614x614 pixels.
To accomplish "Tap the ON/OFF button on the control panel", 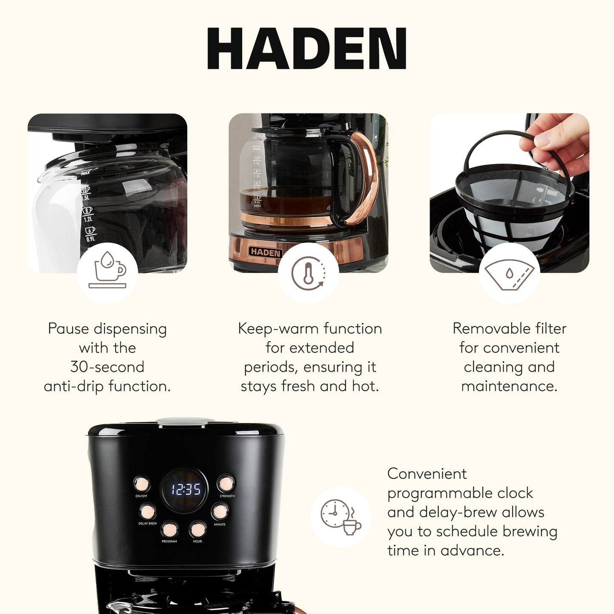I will (x=141, y=484).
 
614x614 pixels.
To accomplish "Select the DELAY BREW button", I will (x=148, y=512).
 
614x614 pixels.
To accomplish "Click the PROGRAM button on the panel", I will (x=169, y=529).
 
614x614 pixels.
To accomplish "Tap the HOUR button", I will (x=198, y=529).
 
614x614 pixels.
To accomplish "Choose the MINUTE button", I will (x=220, y=512).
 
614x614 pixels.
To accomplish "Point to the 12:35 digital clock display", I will (x=185, y=490).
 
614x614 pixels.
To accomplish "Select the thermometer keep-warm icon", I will (x=308, y=273).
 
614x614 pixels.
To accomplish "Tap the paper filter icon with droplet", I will (x=509, y=274).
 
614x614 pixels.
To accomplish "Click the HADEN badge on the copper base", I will (x=265, y=252).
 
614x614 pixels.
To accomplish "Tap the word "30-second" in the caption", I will (x=108, y=367).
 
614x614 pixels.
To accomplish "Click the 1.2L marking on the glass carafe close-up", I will (x=88, y=219).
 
